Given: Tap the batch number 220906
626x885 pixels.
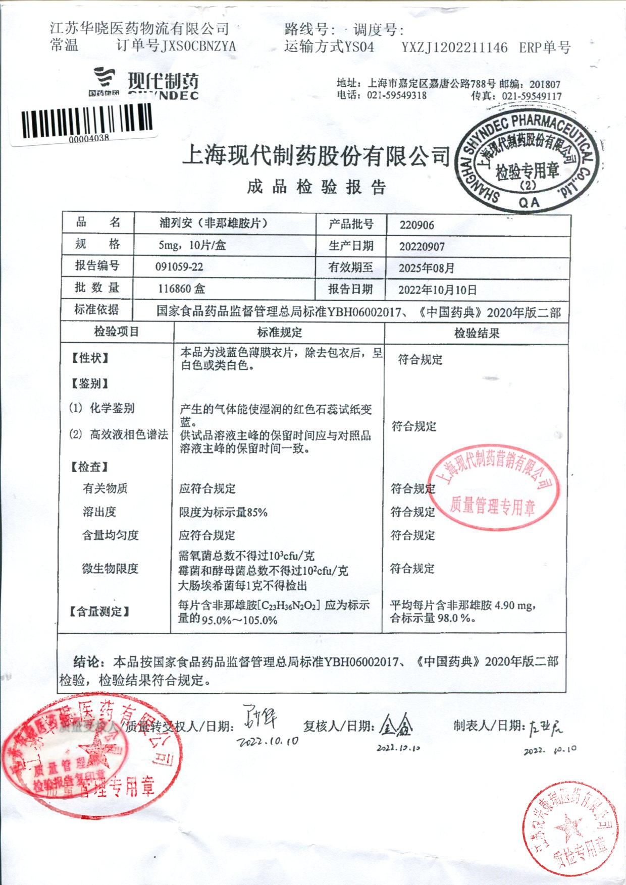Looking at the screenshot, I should click(x=416, y=225).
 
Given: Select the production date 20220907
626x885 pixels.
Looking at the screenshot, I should click(x=422, y=247).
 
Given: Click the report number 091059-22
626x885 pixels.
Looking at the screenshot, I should click(x=179, y=267).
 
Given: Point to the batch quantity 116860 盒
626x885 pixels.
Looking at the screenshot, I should click(x=181, y=289).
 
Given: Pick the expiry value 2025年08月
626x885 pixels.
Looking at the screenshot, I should click(x=426, y=268).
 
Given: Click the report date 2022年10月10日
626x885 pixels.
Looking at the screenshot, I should click(x=437, y=290).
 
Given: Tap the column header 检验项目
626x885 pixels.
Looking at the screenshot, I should click(x=117, y=332).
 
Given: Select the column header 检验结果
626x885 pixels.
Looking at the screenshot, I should click(x=477, y=333).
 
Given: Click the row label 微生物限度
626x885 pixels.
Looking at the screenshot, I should click(x=110, y=569).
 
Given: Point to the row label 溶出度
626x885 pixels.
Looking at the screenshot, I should click(x=99, y=512).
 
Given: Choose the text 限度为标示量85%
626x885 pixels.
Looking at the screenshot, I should click(x=223, y=513).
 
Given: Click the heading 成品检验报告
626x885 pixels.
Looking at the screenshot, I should click(x=317, y=187).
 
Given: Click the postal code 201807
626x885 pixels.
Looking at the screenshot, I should click(x=545, y=85).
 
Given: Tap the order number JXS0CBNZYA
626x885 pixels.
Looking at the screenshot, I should click(x=198, y=47).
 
